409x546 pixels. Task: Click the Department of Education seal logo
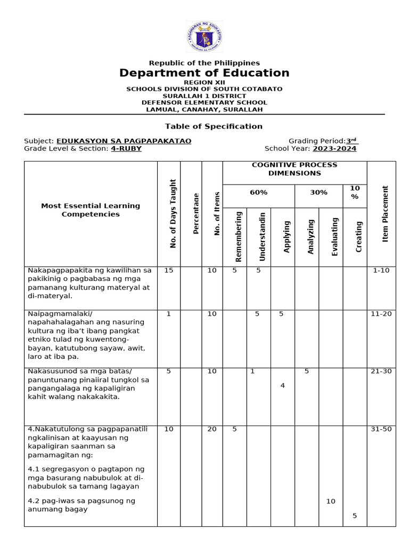[204, 36]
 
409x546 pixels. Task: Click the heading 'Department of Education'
[204, 73]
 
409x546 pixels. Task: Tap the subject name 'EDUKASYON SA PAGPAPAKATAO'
[124, 141]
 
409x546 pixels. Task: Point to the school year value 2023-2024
[334, 149]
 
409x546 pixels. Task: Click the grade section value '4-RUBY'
[126, 149]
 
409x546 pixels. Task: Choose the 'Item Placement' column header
[386, 214]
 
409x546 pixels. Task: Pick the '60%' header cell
[258, 192]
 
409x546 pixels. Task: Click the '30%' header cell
[318, 192]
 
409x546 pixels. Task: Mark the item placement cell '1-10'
[381, 270]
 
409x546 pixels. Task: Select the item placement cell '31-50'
[381, 429]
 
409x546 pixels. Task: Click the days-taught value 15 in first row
[169, 270]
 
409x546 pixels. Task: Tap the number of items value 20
[212, 429]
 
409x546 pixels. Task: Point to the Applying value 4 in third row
[282, 386]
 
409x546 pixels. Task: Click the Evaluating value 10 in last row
[331, 501]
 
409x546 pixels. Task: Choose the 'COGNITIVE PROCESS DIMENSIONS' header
[295, 169]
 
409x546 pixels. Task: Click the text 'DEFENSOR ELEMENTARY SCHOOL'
[204, 102]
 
